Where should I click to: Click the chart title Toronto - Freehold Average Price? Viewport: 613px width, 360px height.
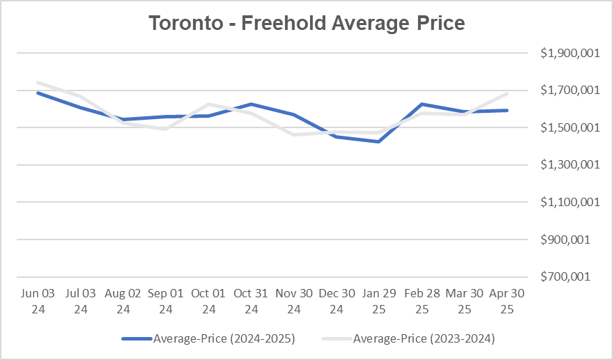click(x=306, y=22)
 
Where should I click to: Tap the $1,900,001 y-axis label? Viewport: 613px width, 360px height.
click(x=569, y=53)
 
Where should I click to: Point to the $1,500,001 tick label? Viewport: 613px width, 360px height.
click(x=569, y=127)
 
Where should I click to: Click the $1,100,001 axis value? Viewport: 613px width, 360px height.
click(x=569, y=202)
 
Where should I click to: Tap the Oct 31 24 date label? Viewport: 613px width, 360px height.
click(x=251, y=301)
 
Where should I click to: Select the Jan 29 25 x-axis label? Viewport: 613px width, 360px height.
click(x=379, y=301)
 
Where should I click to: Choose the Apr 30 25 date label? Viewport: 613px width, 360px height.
click(x=506, y=301)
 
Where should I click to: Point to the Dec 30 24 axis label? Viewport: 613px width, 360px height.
click(x=336, y=301)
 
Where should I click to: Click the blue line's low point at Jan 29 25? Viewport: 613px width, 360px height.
click(x=379, y=141)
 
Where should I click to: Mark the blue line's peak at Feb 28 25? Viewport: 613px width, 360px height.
click(x=422, y=104)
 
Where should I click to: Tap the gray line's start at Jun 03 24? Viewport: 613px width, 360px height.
click(x=37, y=82)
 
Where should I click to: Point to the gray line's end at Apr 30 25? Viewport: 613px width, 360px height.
click(x=507, y=94)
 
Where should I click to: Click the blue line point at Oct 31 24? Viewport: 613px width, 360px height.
click(x=251, y=104)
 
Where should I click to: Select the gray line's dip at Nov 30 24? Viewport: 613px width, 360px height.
click(x=294, y=134)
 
